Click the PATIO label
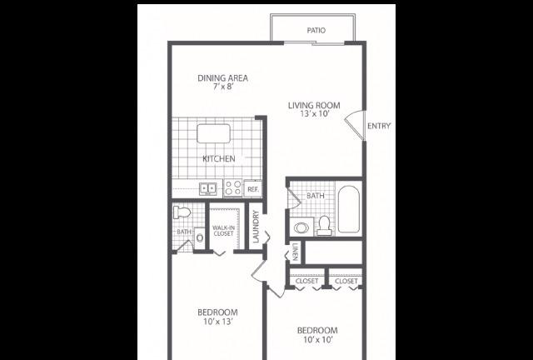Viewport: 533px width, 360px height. click(316, 31)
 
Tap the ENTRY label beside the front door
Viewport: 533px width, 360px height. click(379, 126)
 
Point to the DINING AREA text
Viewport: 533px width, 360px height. click(223, 78)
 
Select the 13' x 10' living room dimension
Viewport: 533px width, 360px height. click(315, 114)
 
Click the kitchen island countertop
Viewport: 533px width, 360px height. click(213, 133)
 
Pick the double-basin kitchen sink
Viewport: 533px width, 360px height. click(208, 188)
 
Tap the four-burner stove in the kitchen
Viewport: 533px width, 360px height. click(233, 188)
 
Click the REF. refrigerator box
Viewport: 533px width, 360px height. click(253, 189)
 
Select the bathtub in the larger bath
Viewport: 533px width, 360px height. click(349, 209)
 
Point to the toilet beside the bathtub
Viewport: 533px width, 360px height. click(325, 226)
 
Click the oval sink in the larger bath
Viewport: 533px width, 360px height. click(301, 227)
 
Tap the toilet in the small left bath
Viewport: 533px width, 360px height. click(182, 212)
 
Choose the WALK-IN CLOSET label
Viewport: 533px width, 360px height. click(223, 231)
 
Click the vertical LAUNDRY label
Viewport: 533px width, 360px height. click(256, 227)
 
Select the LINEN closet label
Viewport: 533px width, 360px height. click(296, 252)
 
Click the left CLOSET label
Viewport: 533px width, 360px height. click(306, 281)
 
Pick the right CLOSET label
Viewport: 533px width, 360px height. click(346, 281)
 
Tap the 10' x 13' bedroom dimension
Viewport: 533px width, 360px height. click(218, 322)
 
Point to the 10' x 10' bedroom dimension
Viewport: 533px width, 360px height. click(317, 340)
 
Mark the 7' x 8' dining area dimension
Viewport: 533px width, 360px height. click(223, 87)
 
